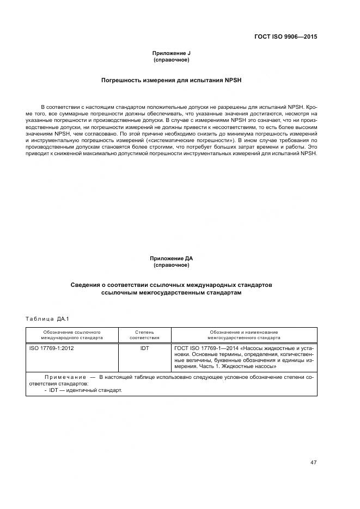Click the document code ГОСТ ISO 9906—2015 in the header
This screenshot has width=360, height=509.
[x=285, y=37]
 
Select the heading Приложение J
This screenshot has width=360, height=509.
[x=171, y=53]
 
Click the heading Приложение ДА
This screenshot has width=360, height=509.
[x=171, y=259]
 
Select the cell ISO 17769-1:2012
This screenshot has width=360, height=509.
[x=51, y=348]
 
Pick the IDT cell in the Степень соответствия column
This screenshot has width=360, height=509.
[x=144, y=348]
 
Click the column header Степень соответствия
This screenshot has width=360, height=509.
[x=144, y=334]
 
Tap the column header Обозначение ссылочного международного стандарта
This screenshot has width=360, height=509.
[x=72, y=334]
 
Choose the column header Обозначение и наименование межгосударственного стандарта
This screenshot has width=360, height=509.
[x=243, y=334]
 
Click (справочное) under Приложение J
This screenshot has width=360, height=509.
[x=171, y=59]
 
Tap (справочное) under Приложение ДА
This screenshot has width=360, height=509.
[x=171, y=265]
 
